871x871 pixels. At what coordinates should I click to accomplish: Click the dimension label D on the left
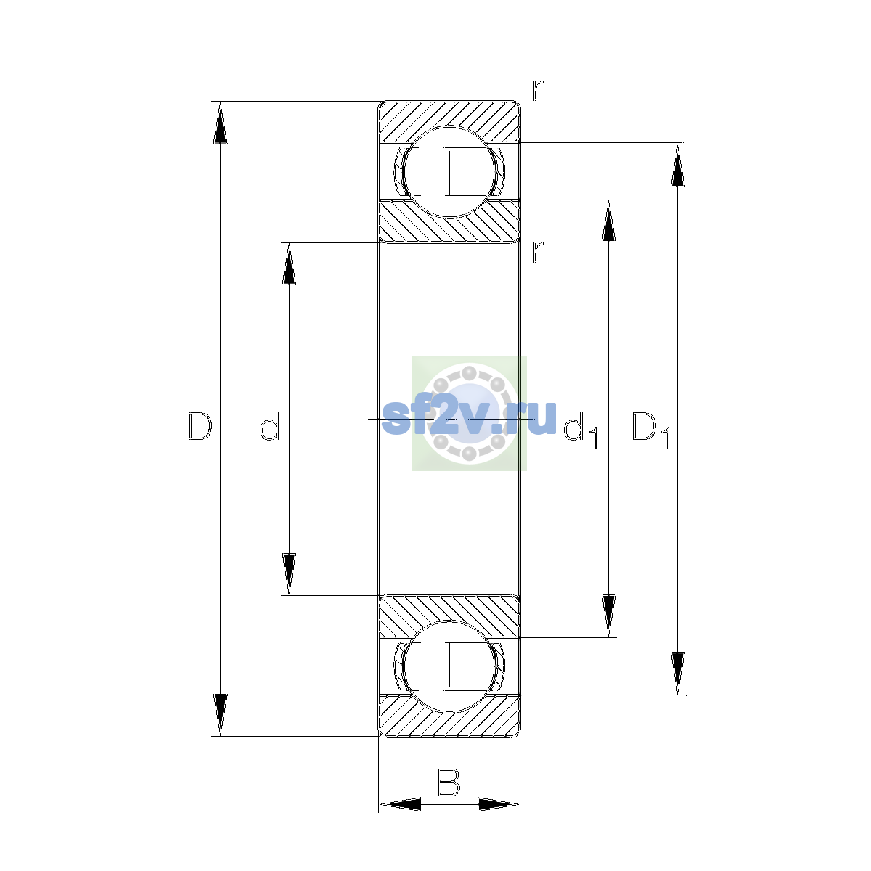coord(200,426)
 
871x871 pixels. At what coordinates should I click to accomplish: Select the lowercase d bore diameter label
coord(270,426)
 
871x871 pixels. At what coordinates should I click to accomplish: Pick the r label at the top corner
coord(538,90)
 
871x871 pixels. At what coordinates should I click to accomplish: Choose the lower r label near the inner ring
coord(538,252)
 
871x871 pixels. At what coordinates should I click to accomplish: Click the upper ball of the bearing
coord(449,172)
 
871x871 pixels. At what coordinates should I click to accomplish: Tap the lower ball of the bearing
coord(449,666)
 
